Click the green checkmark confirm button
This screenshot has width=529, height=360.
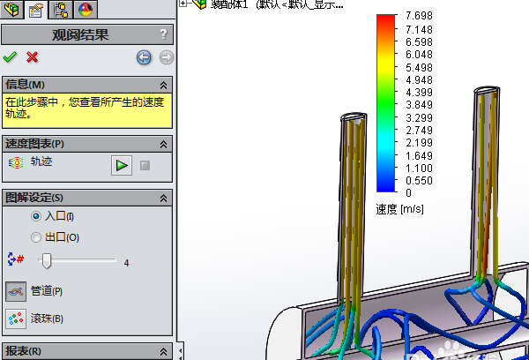[10, 57]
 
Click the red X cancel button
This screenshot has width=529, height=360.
[33, 57]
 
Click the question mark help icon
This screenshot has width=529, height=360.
[163, 35]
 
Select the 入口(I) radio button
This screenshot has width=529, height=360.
[36, 216]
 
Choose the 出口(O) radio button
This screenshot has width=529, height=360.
[36, 237]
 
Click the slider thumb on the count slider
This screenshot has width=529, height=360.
[47, 260]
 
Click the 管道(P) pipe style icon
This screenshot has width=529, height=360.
[16, 291]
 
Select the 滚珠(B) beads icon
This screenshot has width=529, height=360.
[16, 319]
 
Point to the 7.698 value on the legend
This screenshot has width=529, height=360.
[419, 18]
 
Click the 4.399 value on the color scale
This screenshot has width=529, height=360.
[419, 92]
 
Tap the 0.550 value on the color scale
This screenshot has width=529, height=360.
[419, 180]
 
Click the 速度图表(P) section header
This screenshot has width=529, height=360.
[35, 143]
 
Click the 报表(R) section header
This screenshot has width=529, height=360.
[25, 351]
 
